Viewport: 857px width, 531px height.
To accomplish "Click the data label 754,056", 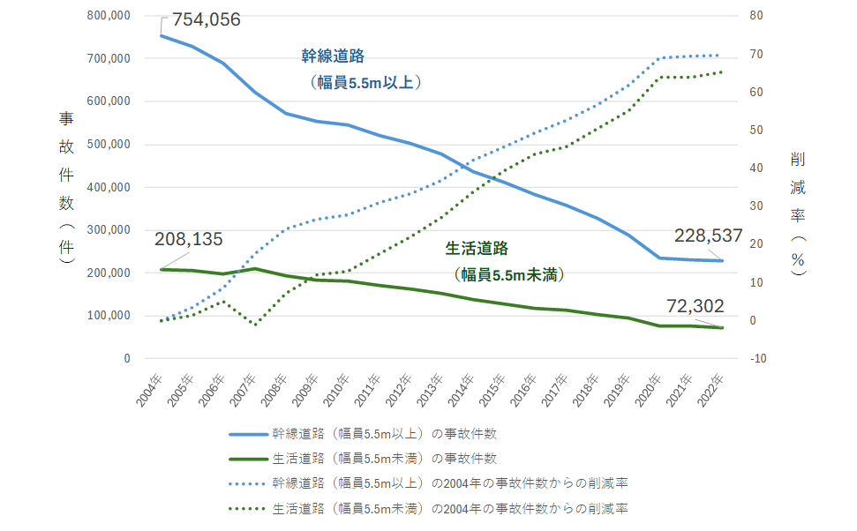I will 207,19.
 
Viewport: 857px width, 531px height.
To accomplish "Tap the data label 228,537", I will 708,236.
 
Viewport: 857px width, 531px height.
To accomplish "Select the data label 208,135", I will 188,239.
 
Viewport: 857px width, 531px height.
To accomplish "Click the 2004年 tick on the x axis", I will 149,390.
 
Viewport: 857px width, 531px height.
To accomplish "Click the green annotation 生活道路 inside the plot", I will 477,249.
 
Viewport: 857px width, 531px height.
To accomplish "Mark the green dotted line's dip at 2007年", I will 256,325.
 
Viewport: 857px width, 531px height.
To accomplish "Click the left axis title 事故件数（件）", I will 65,190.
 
